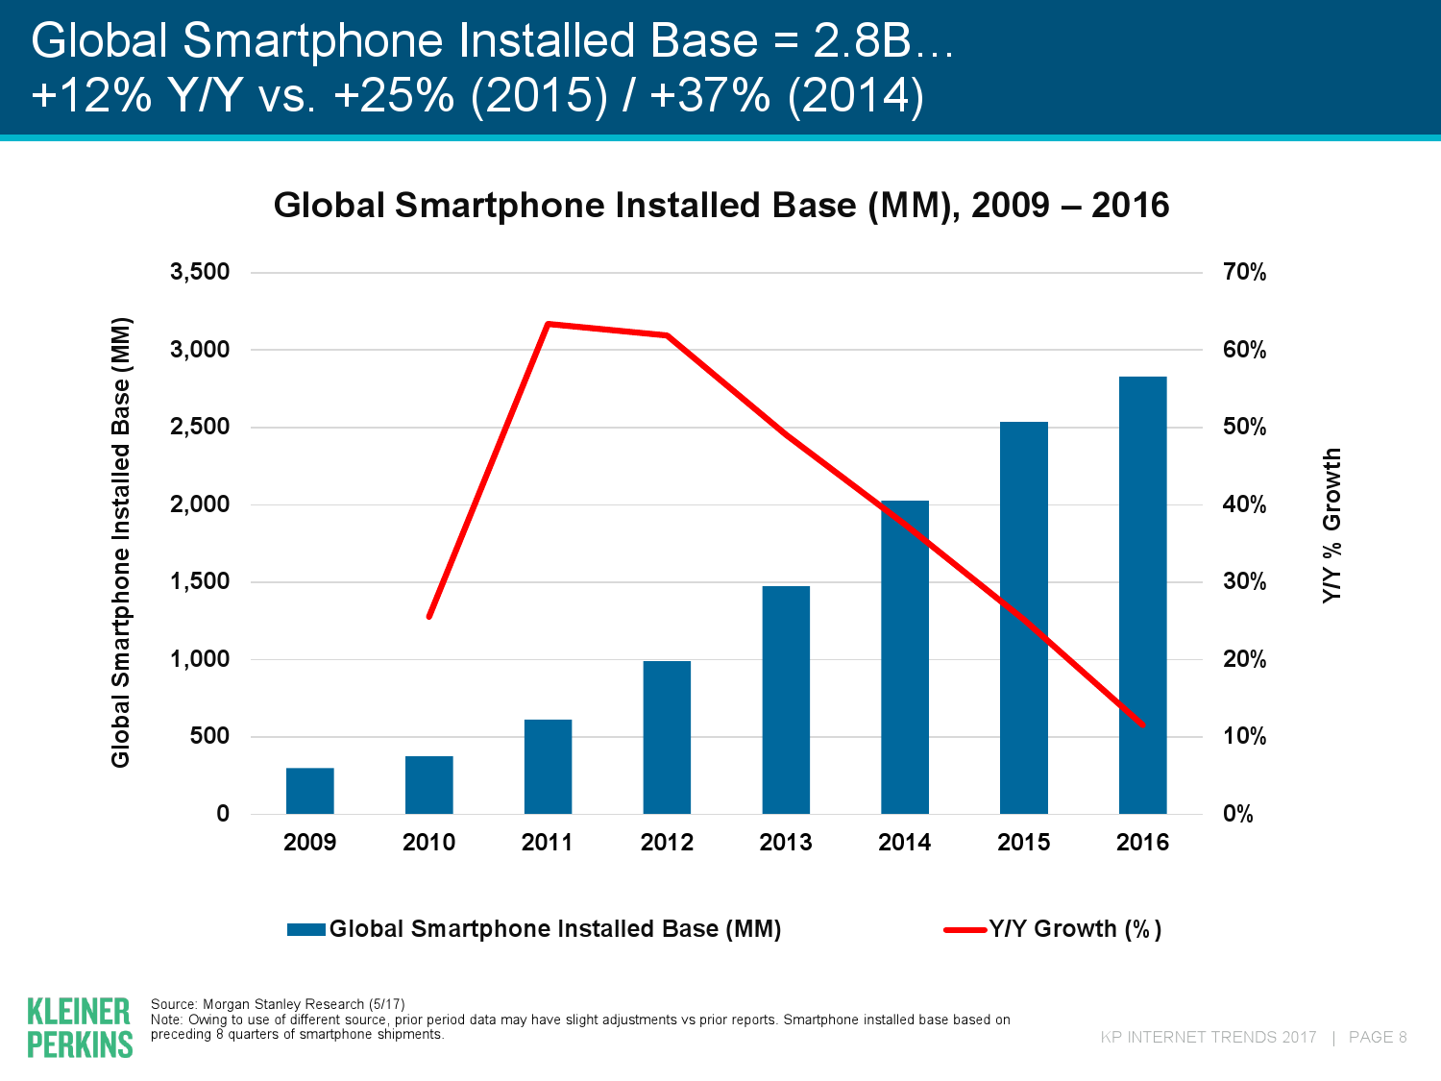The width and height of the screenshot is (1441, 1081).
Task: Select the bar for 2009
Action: (x=309, y=791)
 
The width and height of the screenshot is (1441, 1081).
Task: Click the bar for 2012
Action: (x=667, y=737)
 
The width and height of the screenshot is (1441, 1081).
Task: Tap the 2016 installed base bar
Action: (x=1142, y=595)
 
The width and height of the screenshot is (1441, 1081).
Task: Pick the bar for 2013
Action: (x=786, y=700)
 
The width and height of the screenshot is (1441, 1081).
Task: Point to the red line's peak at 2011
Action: (x=548, y=324)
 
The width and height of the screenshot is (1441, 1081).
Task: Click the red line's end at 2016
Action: (x=1142, y=725)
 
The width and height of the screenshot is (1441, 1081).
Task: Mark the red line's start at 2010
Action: (x=428, y=616)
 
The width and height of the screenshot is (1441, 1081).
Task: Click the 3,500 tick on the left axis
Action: (x=200, y=273)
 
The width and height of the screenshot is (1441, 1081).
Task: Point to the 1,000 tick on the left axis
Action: (x=200, y=659)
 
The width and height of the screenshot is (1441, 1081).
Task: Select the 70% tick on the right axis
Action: (x=1244, y=273)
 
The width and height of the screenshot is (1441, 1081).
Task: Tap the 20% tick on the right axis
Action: (x=1244, y=659)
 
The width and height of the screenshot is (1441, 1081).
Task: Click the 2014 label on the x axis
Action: (x=904, y=843)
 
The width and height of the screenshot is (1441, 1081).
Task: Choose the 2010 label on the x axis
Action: (x=428, y=843)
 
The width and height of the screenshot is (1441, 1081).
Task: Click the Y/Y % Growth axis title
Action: (x=1331, y=525)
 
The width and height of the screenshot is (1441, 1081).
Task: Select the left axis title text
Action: (x=120, y=542)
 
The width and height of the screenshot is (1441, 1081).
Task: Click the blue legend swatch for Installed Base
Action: (x=306, y=929)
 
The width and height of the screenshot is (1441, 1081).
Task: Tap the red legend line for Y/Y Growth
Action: (x=965, y=929)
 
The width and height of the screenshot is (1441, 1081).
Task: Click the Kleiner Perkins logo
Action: (x=80, y=1027)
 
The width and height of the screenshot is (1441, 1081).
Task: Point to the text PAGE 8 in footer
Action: (x=1378, y=1037)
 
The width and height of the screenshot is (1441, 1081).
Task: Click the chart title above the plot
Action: (x=721, y=206)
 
